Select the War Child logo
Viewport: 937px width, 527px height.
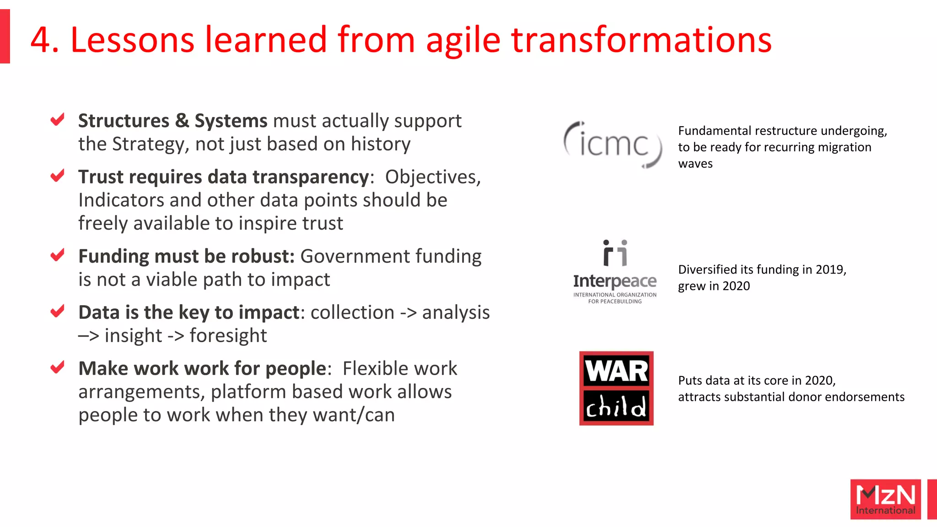pos(616,388)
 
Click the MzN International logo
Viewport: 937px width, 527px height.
pos(885,499)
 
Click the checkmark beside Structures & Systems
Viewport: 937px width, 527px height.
pos(57,120)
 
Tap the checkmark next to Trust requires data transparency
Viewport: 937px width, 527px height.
pos(57,176)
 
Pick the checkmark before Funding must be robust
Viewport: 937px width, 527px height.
pos(57,255)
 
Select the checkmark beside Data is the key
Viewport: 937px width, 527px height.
pos(57,312)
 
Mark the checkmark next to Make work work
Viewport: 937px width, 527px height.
pos(57,367)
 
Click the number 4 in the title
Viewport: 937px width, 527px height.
pos(40,40)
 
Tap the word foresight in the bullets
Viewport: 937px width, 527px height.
pos(228,336)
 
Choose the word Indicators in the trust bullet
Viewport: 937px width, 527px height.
pos(120,200)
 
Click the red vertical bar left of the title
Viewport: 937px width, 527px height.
pos(5,37)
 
